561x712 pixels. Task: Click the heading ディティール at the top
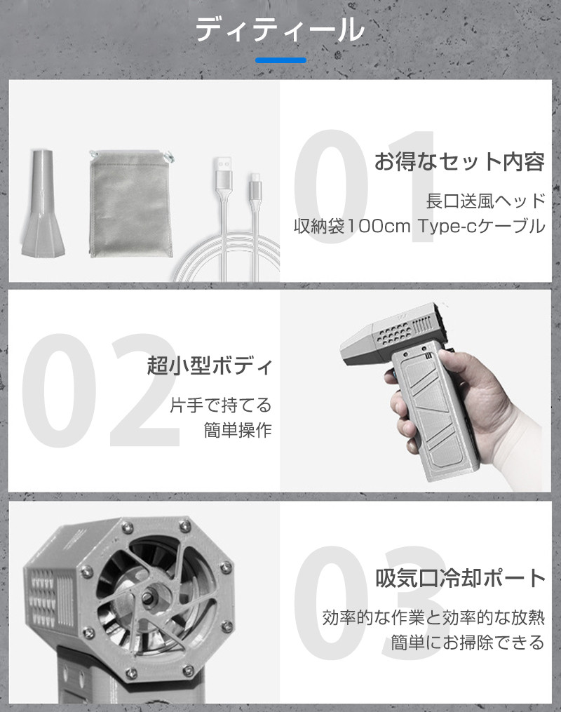[x=280, y=30]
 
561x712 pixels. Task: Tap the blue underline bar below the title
[x=280, y=60]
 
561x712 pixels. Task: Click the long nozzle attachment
[x=43, y=201]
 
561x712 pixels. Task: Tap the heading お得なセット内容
[x=459, y=161]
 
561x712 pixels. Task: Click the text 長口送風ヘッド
[x=485, y=201]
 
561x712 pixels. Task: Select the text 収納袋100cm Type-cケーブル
[x=419, y=226]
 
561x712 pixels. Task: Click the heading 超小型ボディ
[x=210, y=365]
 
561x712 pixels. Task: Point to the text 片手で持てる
[x=221, y=405]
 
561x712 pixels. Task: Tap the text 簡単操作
[x=238, y=430]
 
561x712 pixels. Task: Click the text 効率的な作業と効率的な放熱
[x=433, y=617]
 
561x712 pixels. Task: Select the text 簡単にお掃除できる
[x=468, y=643]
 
